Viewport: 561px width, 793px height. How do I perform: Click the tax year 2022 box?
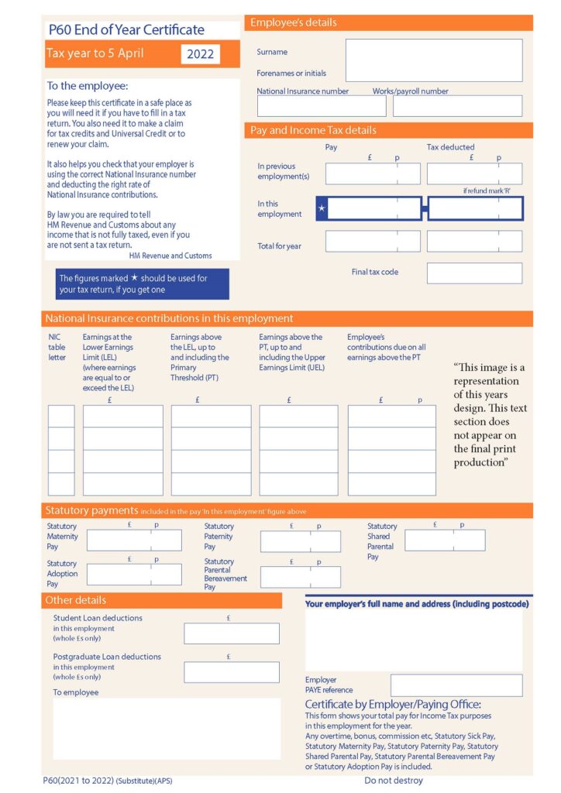[x=201, y=54]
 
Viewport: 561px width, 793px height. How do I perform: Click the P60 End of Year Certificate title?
[x=126, y=30]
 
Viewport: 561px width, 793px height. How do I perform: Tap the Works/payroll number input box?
[x=457, y=106]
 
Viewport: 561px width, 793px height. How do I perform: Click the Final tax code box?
[x=474, y=273]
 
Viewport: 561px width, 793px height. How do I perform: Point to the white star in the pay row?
[x=322, y=209]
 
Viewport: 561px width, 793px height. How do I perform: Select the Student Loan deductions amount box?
[x=231, y=633]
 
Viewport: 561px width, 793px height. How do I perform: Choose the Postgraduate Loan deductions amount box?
[x=231, y=672]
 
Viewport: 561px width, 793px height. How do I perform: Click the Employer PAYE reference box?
[x=456, y=685]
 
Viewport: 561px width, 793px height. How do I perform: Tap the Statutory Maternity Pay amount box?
[x=134, y=541]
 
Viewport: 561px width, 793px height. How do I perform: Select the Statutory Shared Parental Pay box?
[x=445, y=541]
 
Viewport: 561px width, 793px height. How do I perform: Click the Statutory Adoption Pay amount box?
[x=134, y=575]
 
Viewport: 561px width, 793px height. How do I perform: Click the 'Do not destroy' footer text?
[x=394, y=781]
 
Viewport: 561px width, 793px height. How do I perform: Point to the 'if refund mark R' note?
[x=487, y=191]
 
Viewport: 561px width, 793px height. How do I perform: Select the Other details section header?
[x=161, y=600]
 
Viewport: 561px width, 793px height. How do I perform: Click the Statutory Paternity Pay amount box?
[x=300, y=541]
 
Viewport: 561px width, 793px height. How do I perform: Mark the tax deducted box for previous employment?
[x=474, y=173]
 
